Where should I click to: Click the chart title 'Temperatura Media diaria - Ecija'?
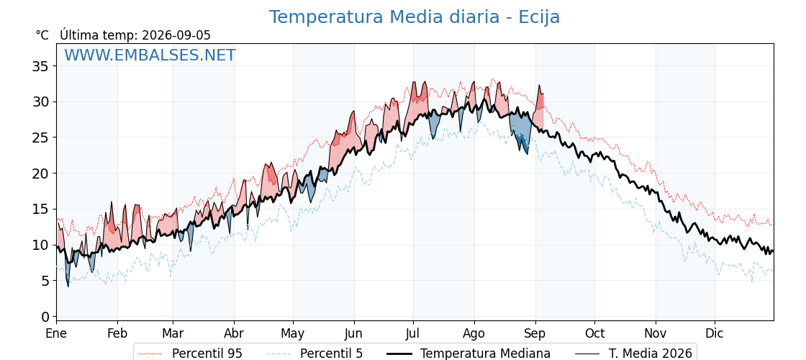click(x=415, y=17)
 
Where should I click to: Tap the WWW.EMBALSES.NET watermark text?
click(x=150, y=55)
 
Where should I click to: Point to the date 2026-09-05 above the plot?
click(x=176, y=35)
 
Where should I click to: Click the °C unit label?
click(x=42, y=35)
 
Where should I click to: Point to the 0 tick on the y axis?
click(x=45, y=316)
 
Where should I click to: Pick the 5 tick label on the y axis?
click(x=45, y=281)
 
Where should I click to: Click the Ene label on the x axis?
click(x=56, y=333)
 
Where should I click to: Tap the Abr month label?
click(x=234, y=333)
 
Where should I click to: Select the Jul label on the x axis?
click(x=413, y=333)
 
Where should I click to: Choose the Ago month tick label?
click(x=474, y=334)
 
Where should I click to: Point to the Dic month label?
click(x=715, y=333)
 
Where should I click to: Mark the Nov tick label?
click(x=656, y=333)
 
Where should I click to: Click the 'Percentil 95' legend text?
click(x=207, y=354)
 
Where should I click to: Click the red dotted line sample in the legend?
click(x=150, y=354)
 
